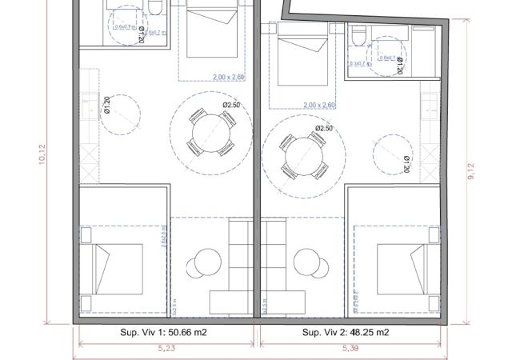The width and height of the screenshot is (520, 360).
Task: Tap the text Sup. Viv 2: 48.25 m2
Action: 346,332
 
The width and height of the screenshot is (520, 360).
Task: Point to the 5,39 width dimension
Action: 350,349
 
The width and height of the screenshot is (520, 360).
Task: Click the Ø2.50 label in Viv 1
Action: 232,105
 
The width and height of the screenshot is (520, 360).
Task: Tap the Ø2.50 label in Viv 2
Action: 324,128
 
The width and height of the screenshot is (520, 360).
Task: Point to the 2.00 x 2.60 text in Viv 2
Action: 320,105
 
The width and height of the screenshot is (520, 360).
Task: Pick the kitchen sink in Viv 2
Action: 432,104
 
